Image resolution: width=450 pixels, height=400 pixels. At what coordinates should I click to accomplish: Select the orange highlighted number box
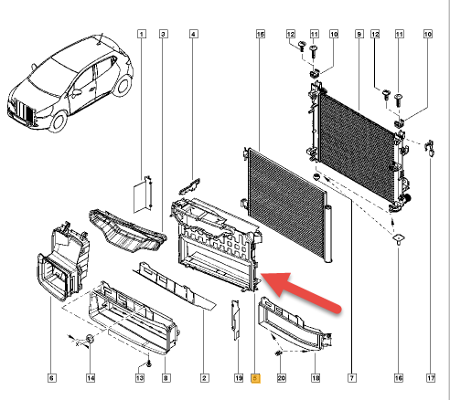coord(255,377)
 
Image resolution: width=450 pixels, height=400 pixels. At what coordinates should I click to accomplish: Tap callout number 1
coord(142,35)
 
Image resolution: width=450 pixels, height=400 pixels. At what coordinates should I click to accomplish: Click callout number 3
coord(163,35)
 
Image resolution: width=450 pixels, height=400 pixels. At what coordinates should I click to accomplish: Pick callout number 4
coord(193,35)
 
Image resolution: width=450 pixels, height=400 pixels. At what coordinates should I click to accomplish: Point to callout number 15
coord(261,35)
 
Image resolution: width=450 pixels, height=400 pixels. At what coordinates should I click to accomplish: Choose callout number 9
coord(359,35)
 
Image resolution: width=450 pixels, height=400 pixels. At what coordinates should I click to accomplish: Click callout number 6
coord(51,377)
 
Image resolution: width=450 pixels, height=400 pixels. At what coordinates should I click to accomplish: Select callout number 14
coord(90,377)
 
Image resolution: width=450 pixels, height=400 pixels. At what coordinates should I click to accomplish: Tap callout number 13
coord(140,377)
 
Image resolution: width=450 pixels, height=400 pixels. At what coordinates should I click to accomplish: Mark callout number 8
coord(165,377)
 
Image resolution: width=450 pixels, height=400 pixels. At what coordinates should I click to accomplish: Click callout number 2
coord(205,377)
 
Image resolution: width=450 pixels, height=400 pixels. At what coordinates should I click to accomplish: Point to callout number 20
coord(281,377)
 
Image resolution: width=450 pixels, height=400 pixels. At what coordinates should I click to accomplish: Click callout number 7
coord(351,377)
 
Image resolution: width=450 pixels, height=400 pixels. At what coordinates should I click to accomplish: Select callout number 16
coord(399,377)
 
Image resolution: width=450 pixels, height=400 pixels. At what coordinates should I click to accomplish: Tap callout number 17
coord(429,377)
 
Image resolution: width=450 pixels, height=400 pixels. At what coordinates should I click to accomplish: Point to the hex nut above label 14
coord(91,342)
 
